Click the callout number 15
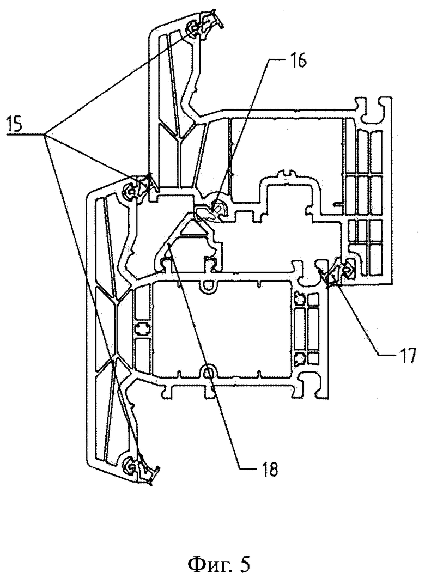point(14,124)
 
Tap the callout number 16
point(297,61)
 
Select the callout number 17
point(407,356)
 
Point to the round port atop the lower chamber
point(209,285)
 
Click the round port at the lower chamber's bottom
point(209,371)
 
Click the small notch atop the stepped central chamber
point(287,173)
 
